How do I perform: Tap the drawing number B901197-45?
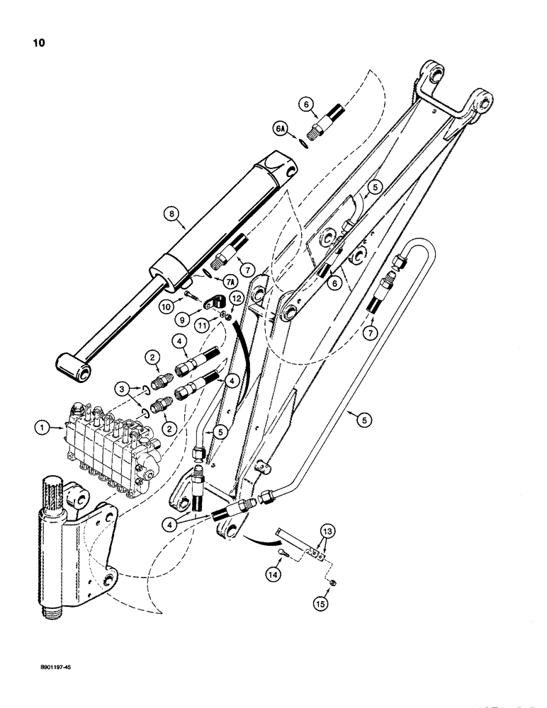point(47,666)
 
